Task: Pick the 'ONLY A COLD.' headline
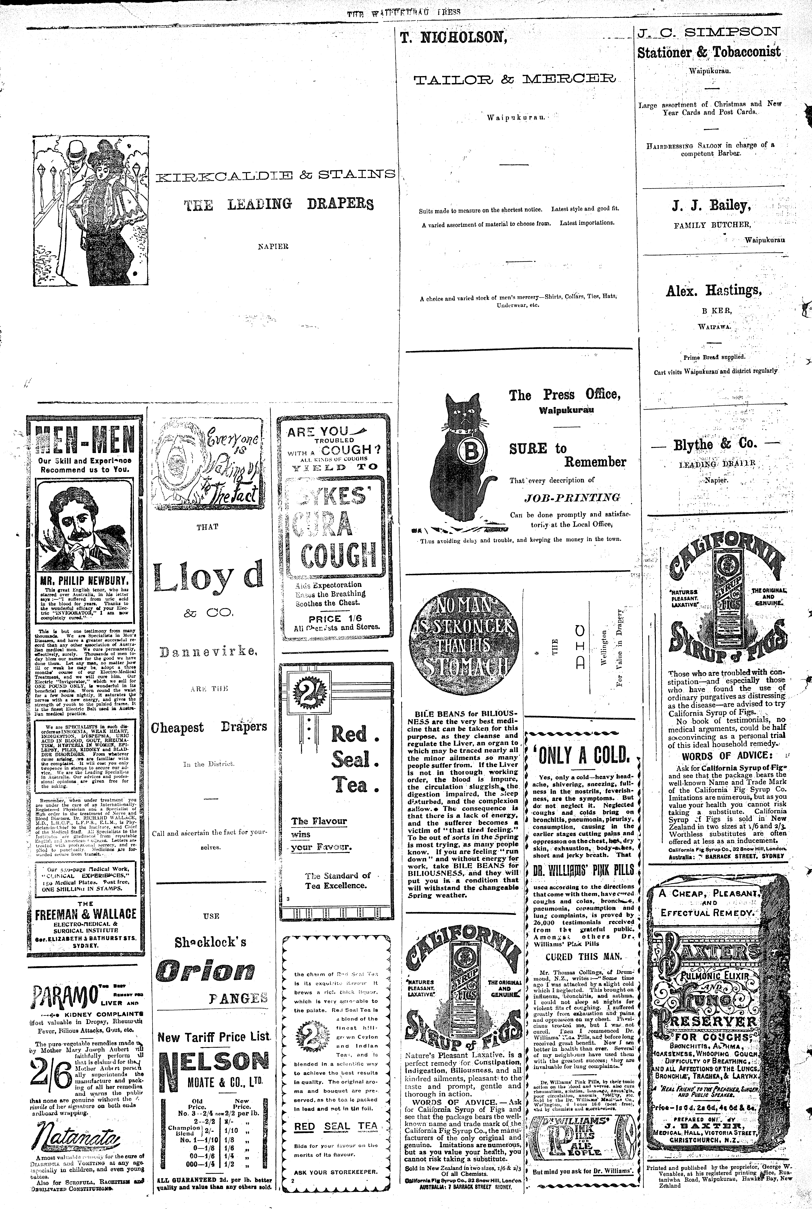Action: (579, 755)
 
